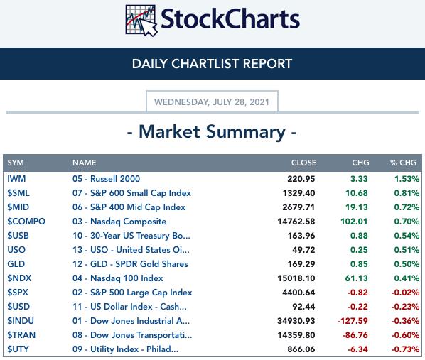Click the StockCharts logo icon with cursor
coord(141,21)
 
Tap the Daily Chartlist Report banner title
coord(212,64)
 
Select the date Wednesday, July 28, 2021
coord(212,102)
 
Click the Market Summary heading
coord(212,132)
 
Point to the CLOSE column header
coord(303,163)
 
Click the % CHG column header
coord(403,163)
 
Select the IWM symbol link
coord(16,179)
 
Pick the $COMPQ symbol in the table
coord(26,222)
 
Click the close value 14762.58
coord(296,222)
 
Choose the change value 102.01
coord(354,222)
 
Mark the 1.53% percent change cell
coord(407,179)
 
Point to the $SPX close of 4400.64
coord(298,293)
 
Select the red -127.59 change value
coord(353,321)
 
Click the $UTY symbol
coord(18,349)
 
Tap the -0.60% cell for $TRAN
coord(405,335)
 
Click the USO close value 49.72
coord(303,250)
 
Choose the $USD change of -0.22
coord(357,307)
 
